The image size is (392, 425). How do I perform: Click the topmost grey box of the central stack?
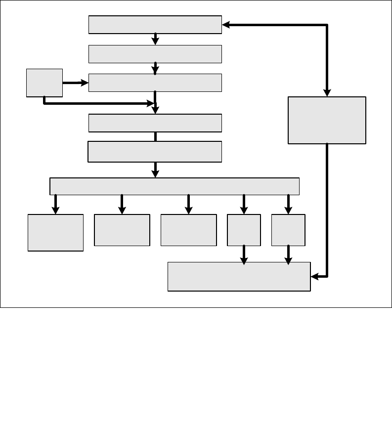(155, 25)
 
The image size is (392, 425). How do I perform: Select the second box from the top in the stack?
(155, 54)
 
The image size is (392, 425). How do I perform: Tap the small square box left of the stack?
(44, 83)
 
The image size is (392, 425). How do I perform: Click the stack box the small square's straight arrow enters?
(155, 83)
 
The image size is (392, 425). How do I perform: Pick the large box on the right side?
(327, 120)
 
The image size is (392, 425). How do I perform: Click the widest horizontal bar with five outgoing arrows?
(174, 186)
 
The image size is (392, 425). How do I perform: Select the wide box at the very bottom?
(239, 277)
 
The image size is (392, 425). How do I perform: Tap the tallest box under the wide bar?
(55, 233)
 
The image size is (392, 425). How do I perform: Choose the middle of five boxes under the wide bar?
(188, 230)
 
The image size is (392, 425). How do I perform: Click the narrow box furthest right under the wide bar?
(288, 230)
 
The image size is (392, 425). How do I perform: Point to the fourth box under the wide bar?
(244, 230)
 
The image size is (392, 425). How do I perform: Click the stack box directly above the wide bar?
(155, 152)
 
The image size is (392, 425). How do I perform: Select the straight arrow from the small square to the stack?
(75, 84)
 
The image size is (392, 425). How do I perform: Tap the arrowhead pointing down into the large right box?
(327, 92)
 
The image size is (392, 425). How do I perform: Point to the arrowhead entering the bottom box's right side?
(315, 277)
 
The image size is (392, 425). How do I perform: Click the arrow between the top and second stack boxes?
(155, 39)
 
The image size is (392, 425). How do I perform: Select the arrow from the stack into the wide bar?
(155, 170)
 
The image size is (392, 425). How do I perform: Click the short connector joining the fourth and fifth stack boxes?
(155, 136)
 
